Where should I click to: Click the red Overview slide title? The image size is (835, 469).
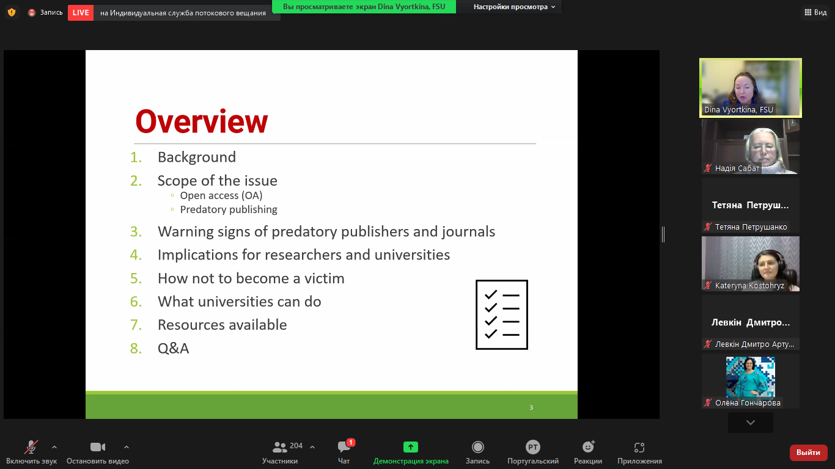202,122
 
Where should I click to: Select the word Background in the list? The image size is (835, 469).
196,157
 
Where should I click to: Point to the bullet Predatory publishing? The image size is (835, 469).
229,209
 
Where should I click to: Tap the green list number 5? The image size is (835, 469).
136,278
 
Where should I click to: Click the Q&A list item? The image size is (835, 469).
173,348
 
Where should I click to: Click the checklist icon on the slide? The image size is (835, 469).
502,314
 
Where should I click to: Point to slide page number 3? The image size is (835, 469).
531,407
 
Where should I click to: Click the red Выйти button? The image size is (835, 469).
808,453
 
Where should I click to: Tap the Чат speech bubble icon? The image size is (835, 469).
344,446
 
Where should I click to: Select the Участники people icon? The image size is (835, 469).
279,446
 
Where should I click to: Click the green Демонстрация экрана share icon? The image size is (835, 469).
410,446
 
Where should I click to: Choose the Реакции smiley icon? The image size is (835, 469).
588,446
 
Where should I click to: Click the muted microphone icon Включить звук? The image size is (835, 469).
31,447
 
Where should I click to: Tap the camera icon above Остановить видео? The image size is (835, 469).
98,446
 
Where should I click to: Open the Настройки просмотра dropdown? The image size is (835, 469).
514,7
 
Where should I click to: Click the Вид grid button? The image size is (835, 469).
815,12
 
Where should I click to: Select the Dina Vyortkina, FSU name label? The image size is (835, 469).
738,109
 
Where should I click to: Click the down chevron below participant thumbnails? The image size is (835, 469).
751,423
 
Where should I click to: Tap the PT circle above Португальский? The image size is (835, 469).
532,446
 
